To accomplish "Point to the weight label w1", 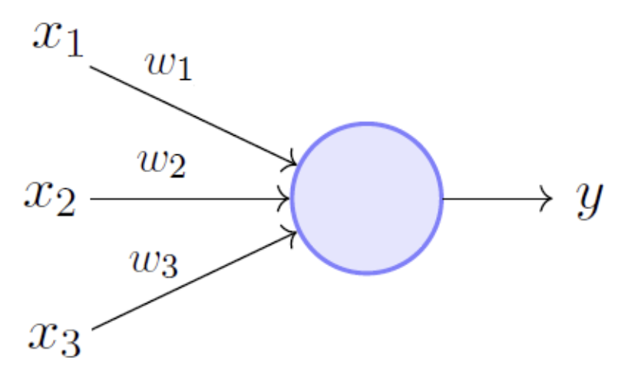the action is click(168, 69).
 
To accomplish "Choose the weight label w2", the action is click(161, 163).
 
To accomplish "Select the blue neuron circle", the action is click(367, 197).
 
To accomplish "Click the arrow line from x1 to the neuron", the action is click(192, 114).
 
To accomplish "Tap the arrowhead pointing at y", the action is click(547, 198).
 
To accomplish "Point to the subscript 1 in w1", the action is click(185, 75).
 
